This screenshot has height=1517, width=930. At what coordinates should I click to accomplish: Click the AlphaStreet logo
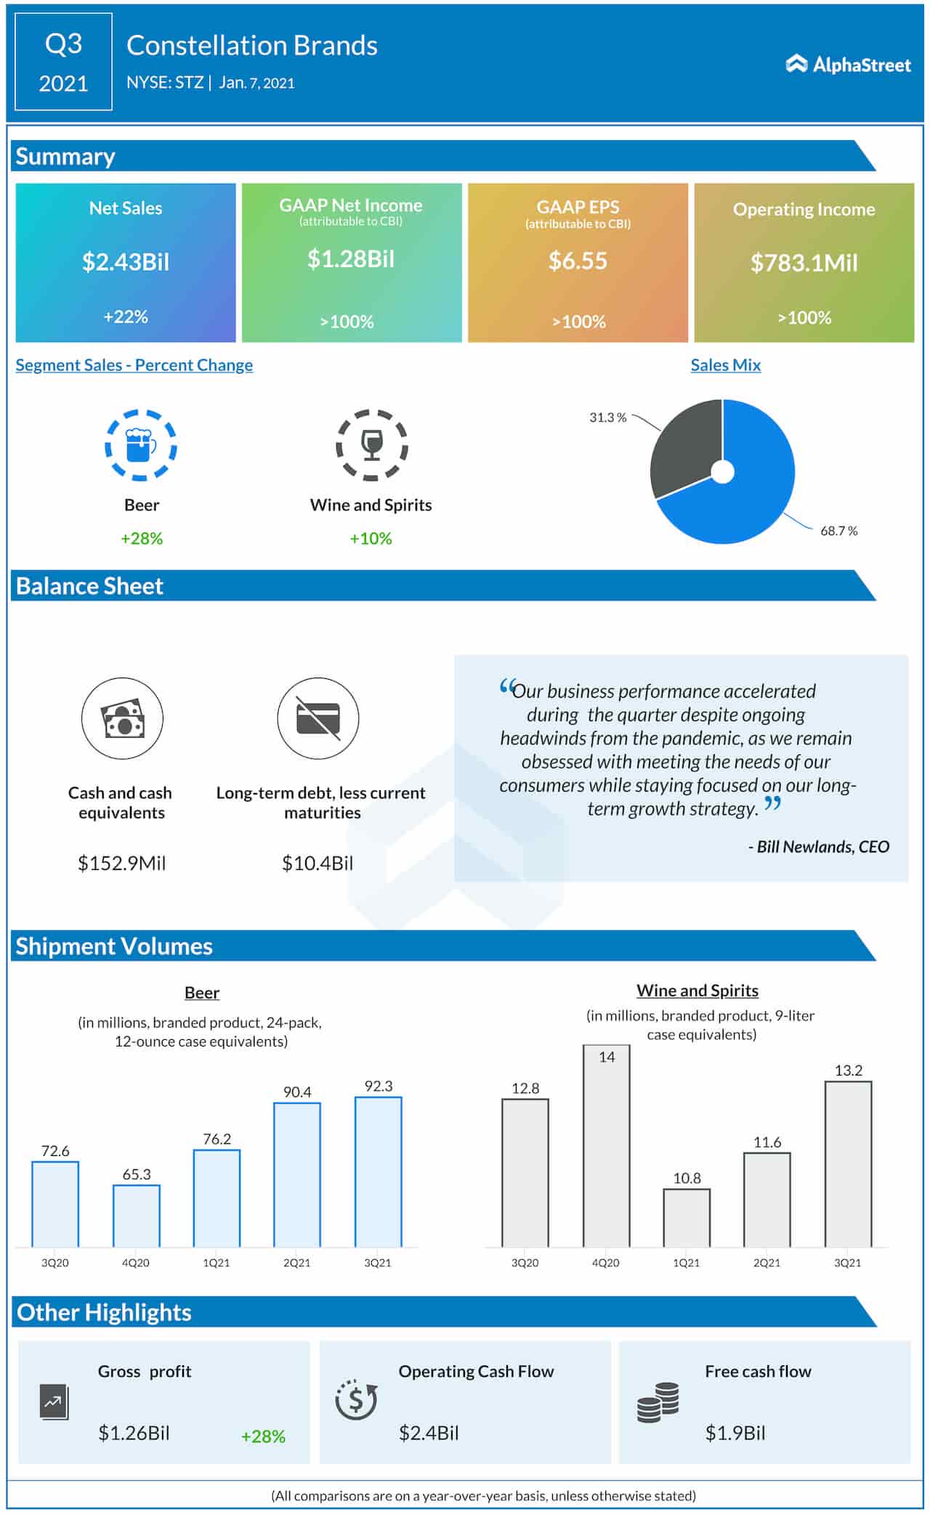[848, 65]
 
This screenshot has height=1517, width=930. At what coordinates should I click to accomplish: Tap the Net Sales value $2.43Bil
[126, 261]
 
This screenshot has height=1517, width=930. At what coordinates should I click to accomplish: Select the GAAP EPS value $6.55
[578, 261]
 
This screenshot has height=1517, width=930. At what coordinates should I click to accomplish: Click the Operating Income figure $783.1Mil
[804, 263]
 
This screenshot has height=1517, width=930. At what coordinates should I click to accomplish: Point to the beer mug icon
[141, 445]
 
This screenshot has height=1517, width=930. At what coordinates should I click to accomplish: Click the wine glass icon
[371, 445]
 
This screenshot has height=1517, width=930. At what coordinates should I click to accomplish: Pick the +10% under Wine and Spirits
[371, 538]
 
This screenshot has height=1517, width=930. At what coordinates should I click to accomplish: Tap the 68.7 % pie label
[838, 531]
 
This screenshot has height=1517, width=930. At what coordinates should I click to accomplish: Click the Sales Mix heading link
[725, 365]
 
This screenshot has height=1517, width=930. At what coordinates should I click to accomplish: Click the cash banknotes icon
[122, 718]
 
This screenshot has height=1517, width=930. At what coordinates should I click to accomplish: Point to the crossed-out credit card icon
[318, 718]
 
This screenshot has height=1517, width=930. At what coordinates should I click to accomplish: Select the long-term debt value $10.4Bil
[318, 863]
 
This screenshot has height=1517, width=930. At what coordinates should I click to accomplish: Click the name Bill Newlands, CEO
[819, 847]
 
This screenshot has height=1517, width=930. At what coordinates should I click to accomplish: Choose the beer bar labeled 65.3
[137, 1216]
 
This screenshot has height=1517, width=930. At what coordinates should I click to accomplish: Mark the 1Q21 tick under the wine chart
[686, 1263]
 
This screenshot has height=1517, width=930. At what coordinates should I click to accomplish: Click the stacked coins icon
[658, 1402]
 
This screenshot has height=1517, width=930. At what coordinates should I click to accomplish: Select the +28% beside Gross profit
[263, 1436]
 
